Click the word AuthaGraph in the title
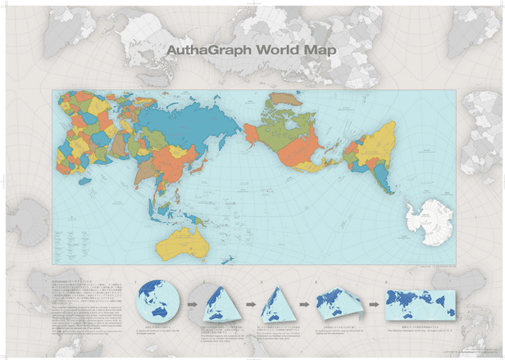pos(210,48)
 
